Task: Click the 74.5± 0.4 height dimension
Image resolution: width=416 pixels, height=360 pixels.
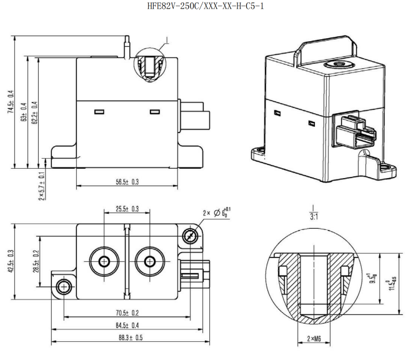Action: click(11, 102)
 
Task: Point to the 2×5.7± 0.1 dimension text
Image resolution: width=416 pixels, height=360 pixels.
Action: click(41, 184)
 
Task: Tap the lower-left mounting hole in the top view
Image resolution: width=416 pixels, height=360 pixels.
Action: click(63, 287)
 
